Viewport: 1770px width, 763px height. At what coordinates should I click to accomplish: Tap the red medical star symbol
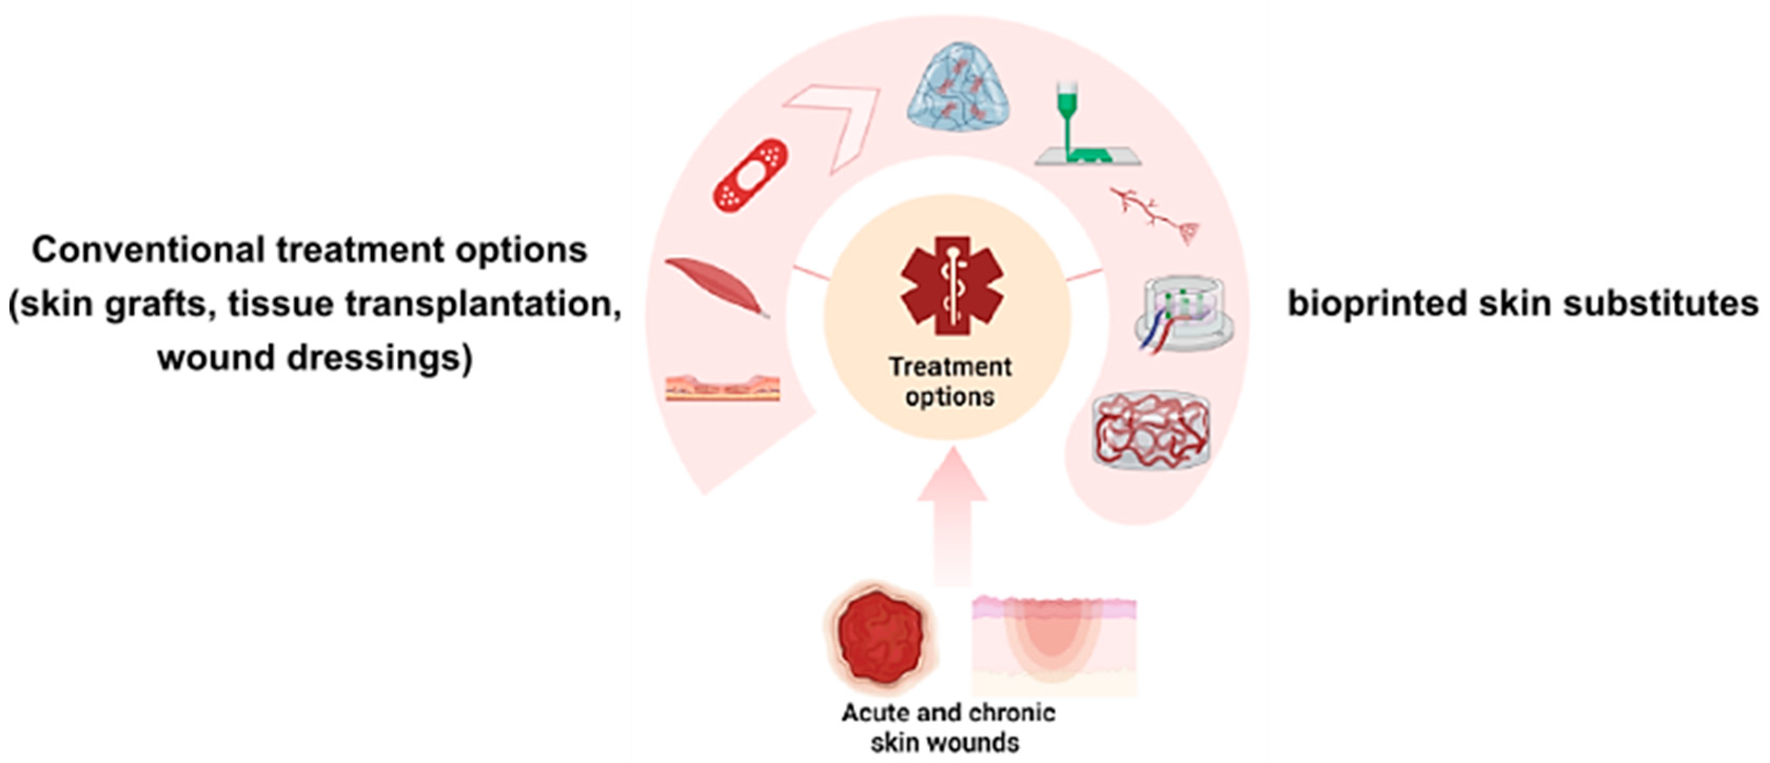952,285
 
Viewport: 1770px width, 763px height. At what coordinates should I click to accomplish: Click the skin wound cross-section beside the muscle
723,388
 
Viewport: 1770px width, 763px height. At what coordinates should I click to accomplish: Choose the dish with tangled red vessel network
1152,431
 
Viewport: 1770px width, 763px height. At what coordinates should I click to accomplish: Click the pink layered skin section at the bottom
1054,646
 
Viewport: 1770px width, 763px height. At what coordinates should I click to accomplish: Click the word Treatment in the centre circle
950,367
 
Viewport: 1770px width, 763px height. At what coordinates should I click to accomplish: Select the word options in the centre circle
950,397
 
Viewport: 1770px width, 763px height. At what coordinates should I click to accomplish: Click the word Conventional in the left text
149,250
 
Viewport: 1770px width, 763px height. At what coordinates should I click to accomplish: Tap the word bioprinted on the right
1377,303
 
